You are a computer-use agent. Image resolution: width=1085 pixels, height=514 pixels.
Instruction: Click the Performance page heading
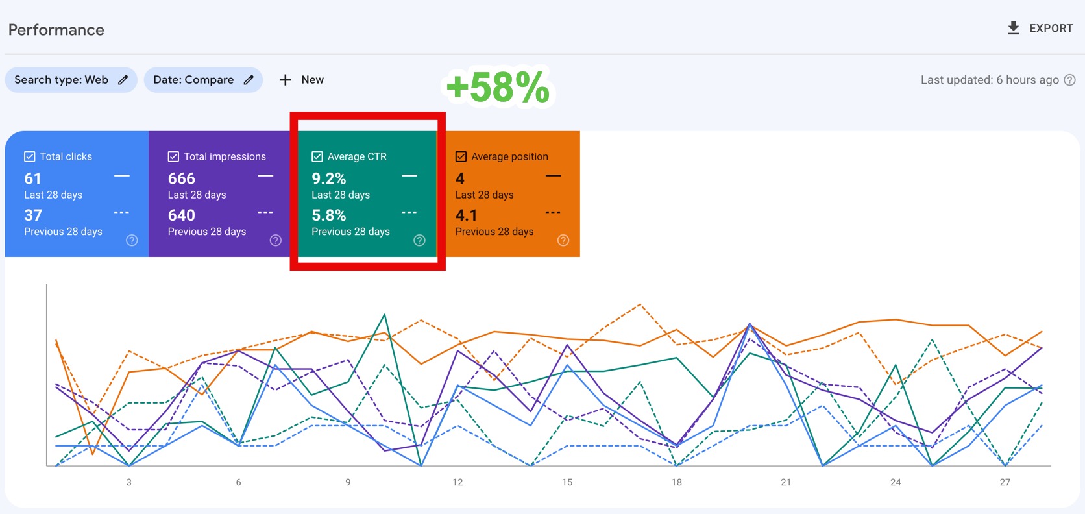[56, 30]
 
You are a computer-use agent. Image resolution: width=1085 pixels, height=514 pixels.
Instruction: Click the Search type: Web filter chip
[71, 80]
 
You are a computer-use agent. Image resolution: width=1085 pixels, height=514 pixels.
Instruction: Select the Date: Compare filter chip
[202, 80]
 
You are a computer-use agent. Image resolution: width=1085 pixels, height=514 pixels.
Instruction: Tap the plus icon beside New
[285, 80]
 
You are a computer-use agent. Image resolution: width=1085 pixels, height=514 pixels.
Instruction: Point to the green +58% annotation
[498, 87]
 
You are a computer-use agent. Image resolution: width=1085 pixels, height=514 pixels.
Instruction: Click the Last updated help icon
[1070, 80]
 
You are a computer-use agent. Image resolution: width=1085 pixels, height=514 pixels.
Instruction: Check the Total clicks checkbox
[30, 156]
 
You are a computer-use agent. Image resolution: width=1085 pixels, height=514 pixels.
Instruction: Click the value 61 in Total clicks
[33, 178]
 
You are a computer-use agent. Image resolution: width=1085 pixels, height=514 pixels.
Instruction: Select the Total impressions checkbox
[173, 156]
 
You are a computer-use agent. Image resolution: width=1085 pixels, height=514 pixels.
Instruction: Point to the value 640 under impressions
[182, 215]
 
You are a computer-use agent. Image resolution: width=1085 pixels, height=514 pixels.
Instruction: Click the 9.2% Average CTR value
[329, 178]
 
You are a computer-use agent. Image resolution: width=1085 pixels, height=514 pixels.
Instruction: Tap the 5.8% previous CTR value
[329, 215]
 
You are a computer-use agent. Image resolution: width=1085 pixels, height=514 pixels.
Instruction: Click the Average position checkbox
[461, 156]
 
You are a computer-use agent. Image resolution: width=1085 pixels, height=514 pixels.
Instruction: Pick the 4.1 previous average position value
[467, 215]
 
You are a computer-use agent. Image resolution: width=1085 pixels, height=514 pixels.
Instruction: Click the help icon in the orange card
[563, 240]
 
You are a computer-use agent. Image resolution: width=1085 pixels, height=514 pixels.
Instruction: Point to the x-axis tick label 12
[457, 482]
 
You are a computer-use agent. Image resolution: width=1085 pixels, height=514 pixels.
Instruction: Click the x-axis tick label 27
[1005, 482]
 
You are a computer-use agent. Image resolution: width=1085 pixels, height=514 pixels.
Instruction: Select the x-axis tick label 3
[129, 482]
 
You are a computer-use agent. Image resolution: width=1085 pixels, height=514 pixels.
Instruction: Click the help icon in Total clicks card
[132, 240]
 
